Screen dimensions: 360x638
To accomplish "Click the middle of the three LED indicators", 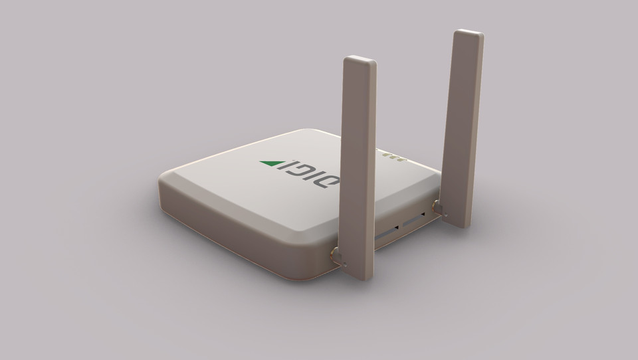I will pos(392,158).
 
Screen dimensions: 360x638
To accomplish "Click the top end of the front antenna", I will pos(360,61).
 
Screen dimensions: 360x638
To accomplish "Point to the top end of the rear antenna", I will pos(469,33).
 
